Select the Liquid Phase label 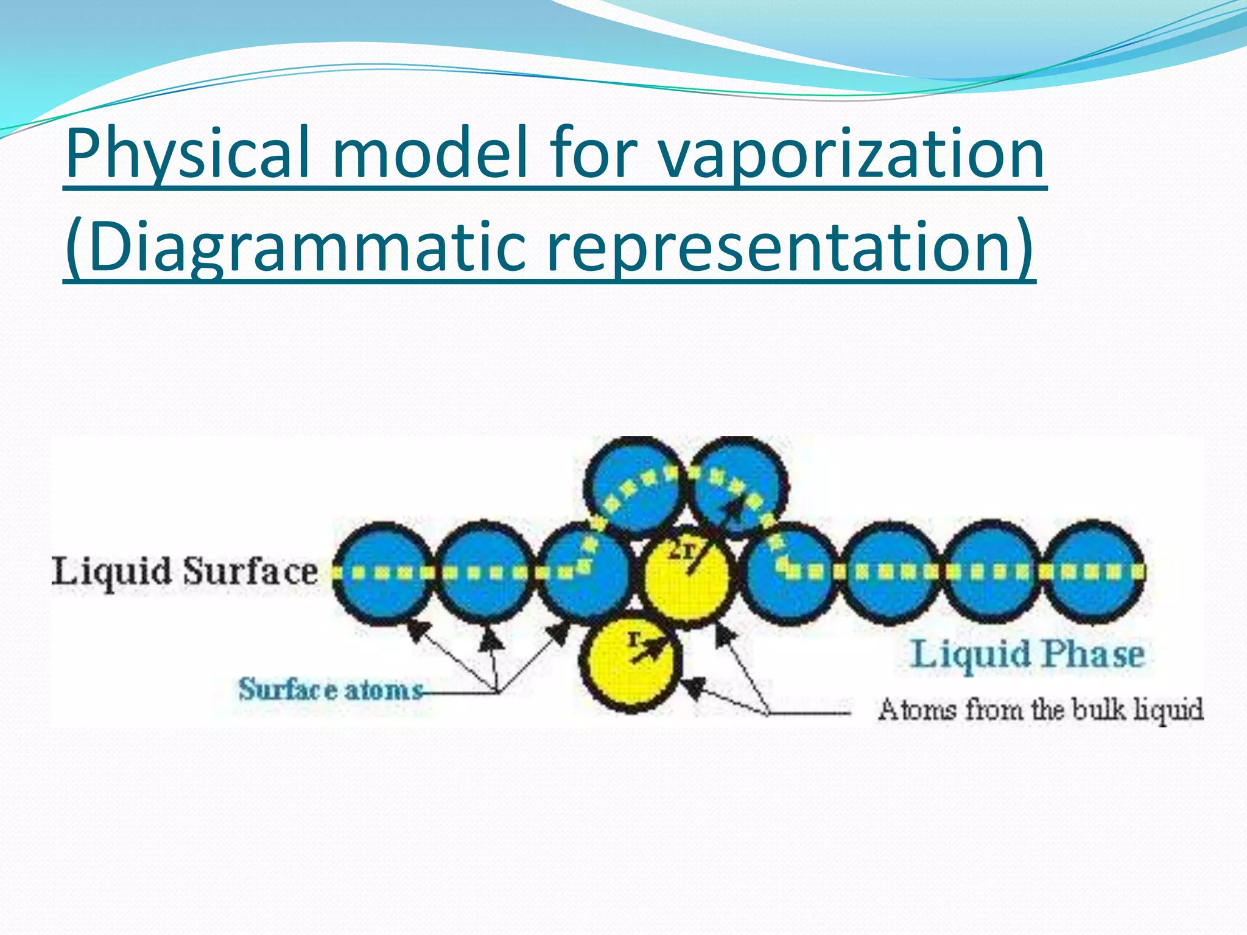(1027, 654)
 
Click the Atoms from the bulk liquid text (1041, 710)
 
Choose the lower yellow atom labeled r (630, 664)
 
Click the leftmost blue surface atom (382, 572)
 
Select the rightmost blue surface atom (1094, 572)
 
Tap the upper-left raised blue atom (633, 487)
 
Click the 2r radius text (681, 551)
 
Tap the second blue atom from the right (992, 572)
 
